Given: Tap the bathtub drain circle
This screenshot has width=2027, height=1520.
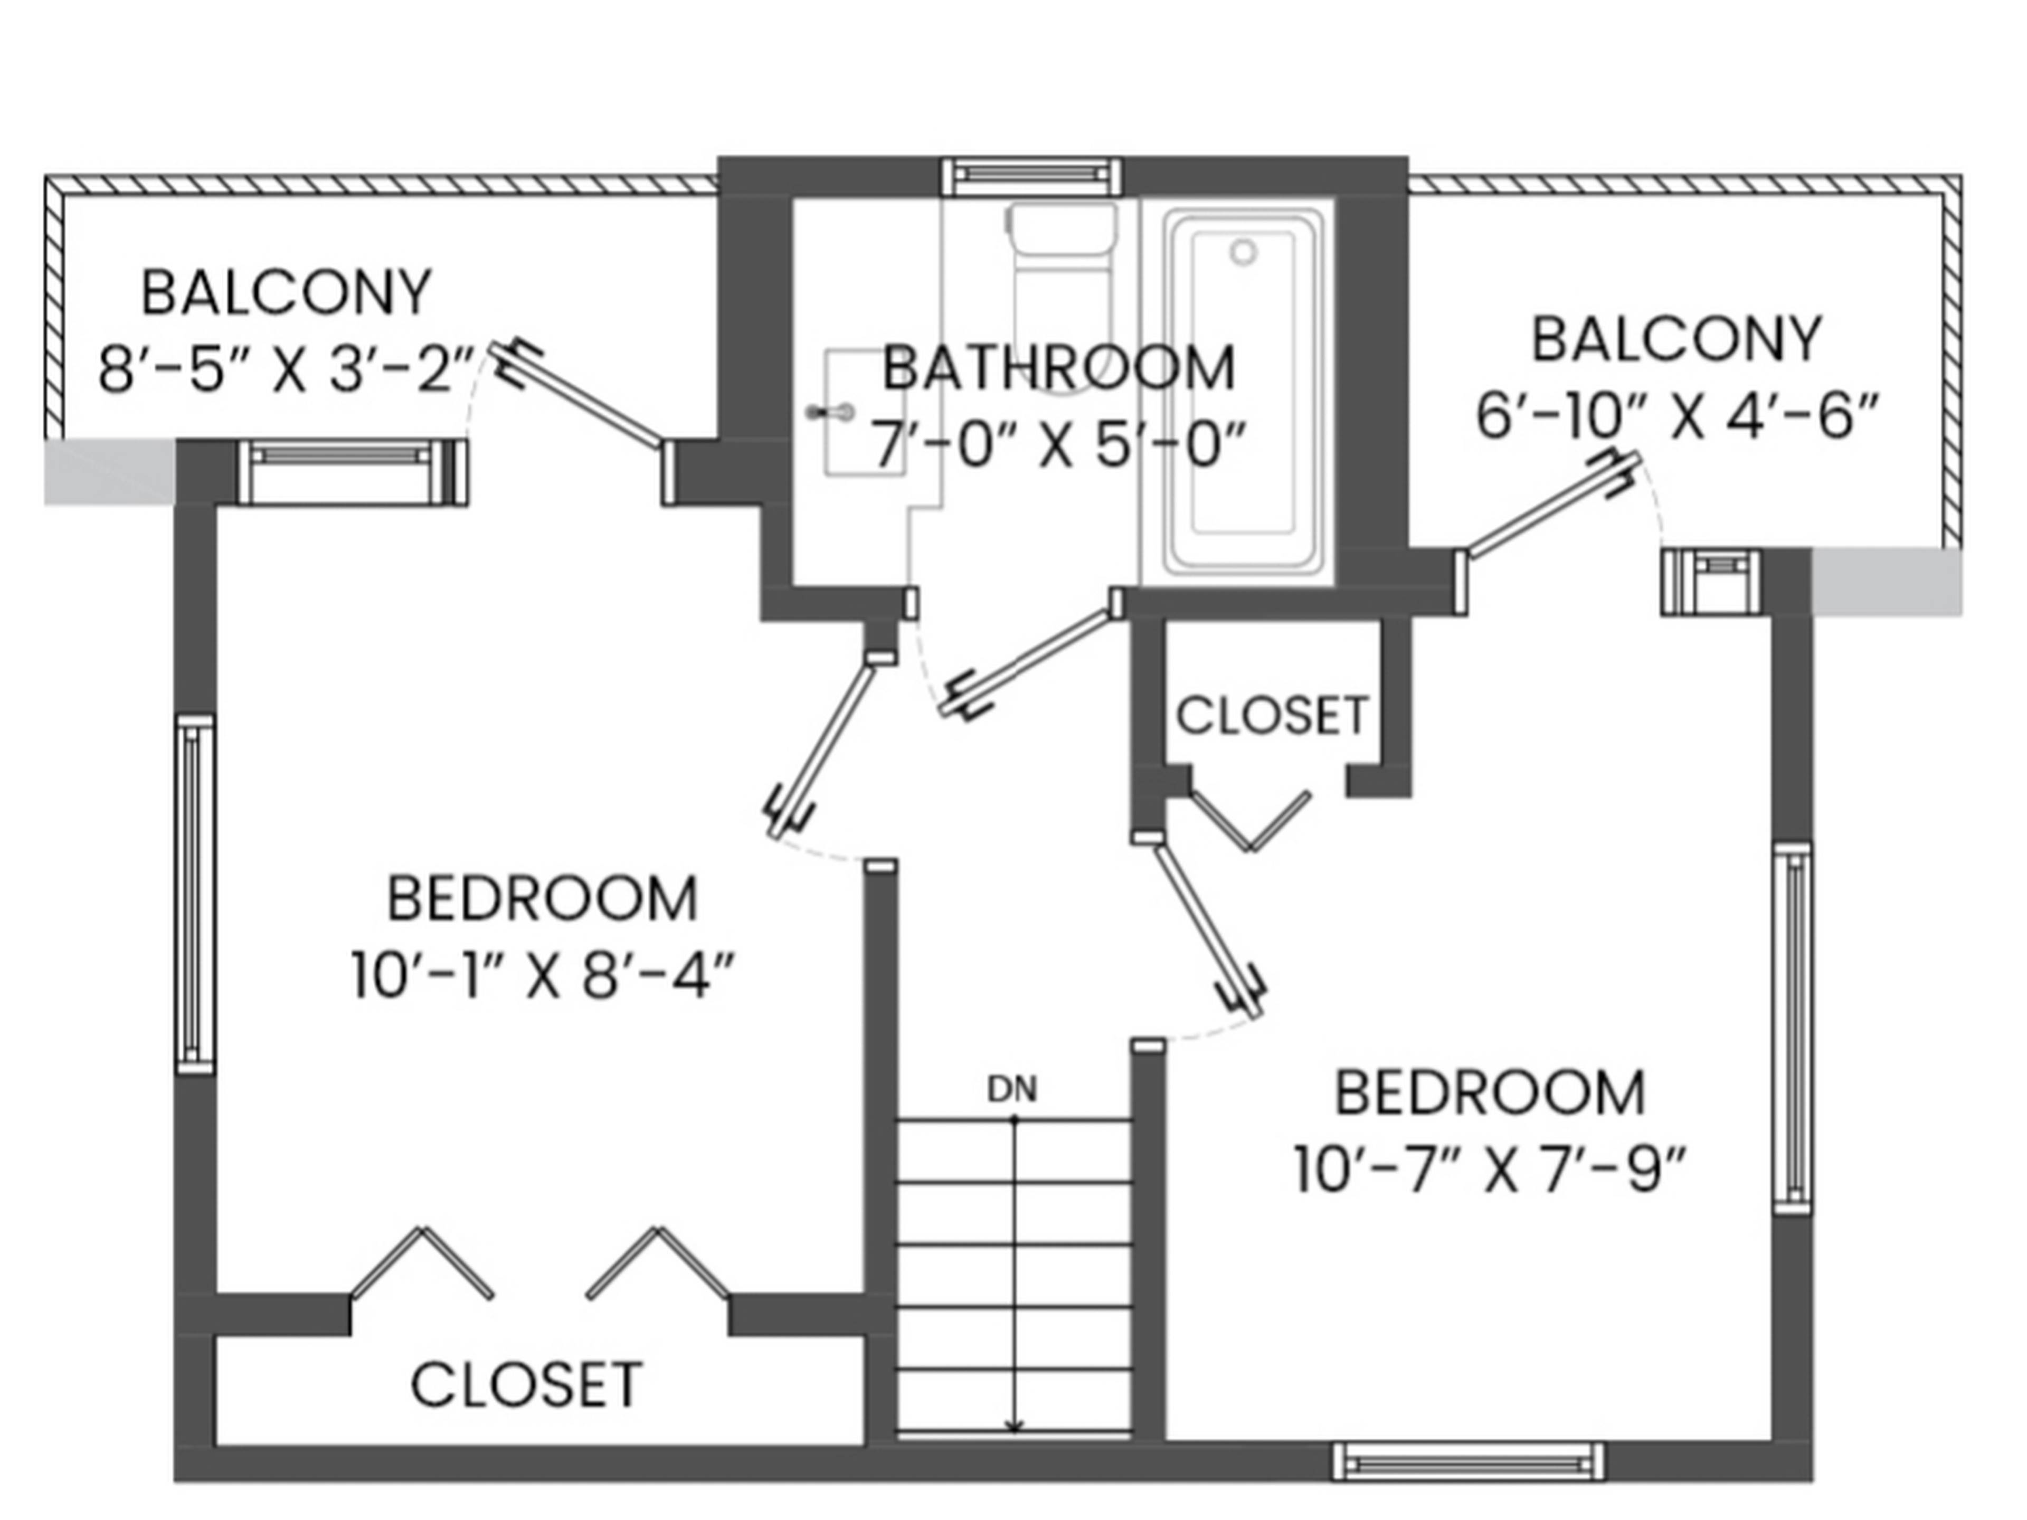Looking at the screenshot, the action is [1243, 251].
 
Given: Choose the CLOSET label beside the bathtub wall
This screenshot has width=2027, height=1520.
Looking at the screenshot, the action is [1273, 716].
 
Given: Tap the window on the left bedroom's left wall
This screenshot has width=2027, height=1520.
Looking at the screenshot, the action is [194, 894].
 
